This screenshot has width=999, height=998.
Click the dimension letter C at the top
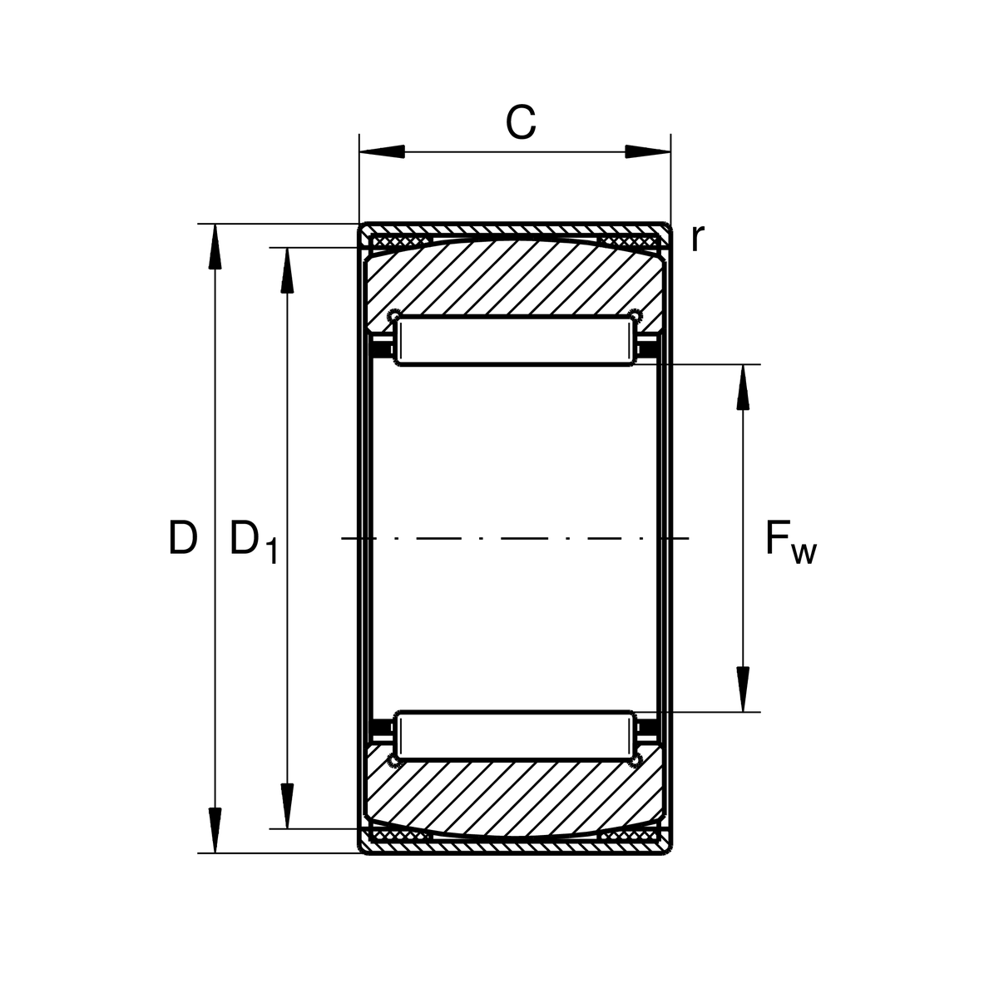(x=521, y=122)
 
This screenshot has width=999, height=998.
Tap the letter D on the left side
(x=182, y=537)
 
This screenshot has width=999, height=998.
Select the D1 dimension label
(x=254, y=541)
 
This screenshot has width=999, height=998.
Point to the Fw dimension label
(x=790, y=543)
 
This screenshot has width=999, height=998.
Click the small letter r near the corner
(x=698, y=239)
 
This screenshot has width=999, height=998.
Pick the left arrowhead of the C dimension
(x=382, y=152)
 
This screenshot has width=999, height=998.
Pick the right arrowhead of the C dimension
(x=647, y=152)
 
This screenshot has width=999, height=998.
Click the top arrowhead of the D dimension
(x=215, y=247)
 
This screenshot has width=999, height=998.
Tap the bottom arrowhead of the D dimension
(x=215, y=830)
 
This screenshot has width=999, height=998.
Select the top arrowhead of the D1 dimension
(x=287, y=270)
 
